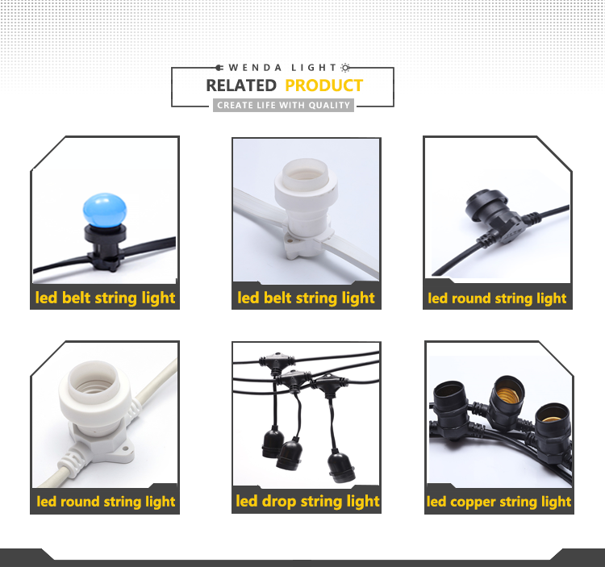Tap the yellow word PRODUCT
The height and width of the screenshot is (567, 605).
(323, 85)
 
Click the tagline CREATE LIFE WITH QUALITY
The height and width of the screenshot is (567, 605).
(283, 106)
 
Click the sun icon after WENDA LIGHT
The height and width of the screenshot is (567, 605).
(345, 68)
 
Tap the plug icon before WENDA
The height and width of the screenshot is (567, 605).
(219, 68)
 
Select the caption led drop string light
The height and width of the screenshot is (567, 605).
(307, 501)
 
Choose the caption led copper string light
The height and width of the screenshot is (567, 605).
(499, 502)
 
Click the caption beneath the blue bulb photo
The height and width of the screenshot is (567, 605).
(105, 298)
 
